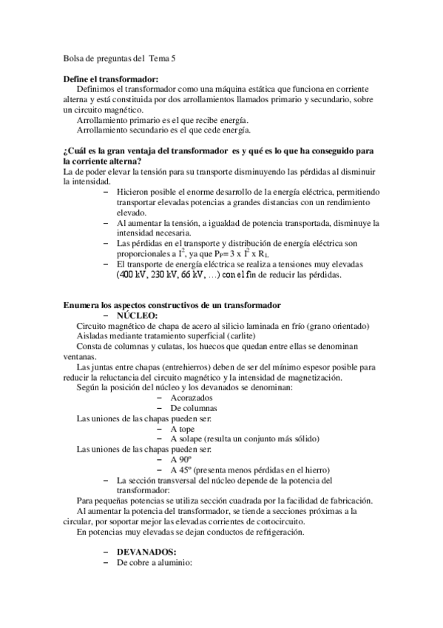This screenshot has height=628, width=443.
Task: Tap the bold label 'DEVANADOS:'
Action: (146, 552)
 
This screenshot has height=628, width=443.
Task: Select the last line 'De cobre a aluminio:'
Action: (155, 562)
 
